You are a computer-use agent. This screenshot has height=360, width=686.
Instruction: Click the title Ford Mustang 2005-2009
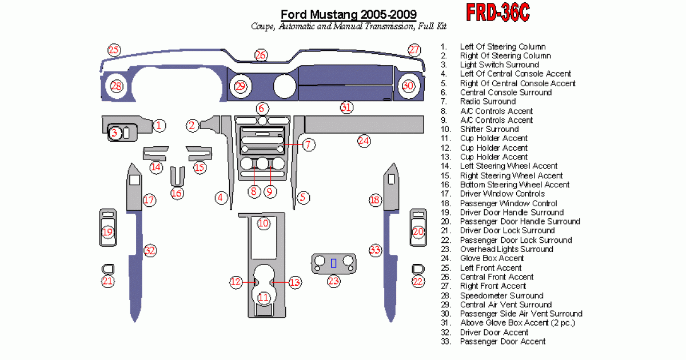pos(349,14)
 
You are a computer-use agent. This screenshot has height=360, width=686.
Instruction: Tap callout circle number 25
pos(114,50)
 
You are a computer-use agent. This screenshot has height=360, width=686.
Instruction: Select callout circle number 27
pos(414,50)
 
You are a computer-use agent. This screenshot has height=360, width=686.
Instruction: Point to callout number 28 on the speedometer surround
pos(117,86)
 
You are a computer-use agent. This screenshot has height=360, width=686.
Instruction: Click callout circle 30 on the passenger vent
pos(407,86)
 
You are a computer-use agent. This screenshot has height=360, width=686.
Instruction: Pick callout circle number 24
pos(364,141)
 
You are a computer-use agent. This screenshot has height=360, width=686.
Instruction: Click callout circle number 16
pos(177,193)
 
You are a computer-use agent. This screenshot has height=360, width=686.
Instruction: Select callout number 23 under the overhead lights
pos(333,281)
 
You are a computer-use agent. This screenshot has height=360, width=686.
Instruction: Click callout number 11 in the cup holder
pos(263,297)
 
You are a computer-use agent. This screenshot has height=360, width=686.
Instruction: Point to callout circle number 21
pos(107,281)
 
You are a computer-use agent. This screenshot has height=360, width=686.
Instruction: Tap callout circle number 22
pos(418,281)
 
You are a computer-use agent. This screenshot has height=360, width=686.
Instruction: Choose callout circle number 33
pos(375,250)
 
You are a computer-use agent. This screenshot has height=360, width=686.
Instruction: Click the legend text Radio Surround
pos(488,102)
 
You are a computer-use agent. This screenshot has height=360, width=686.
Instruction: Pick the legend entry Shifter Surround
pos(489,129)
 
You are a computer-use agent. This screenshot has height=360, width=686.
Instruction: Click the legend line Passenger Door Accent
pos(502,342)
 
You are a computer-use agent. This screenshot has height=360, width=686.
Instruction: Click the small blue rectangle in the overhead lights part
pos(333,262)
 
